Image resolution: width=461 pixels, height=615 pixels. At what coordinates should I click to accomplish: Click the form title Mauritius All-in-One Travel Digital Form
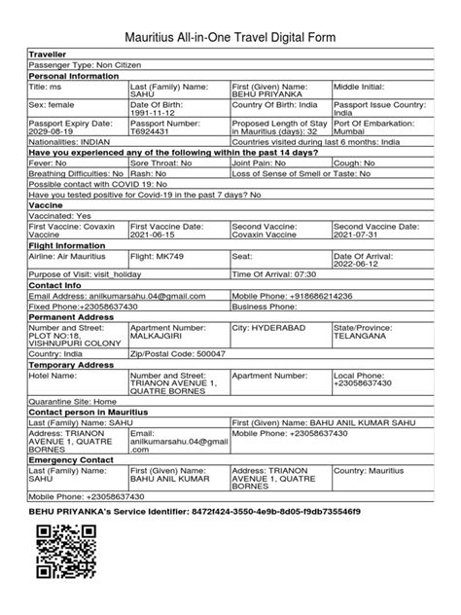pyautogui.click(x=230, y=36)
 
